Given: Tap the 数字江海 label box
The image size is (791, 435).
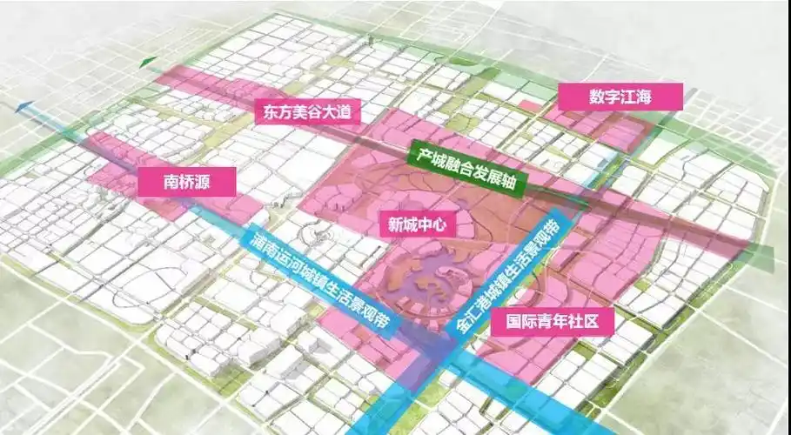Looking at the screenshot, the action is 620,97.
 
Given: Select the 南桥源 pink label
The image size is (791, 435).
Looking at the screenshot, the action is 187,181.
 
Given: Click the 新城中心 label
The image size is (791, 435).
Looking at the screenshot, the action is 417,224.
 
